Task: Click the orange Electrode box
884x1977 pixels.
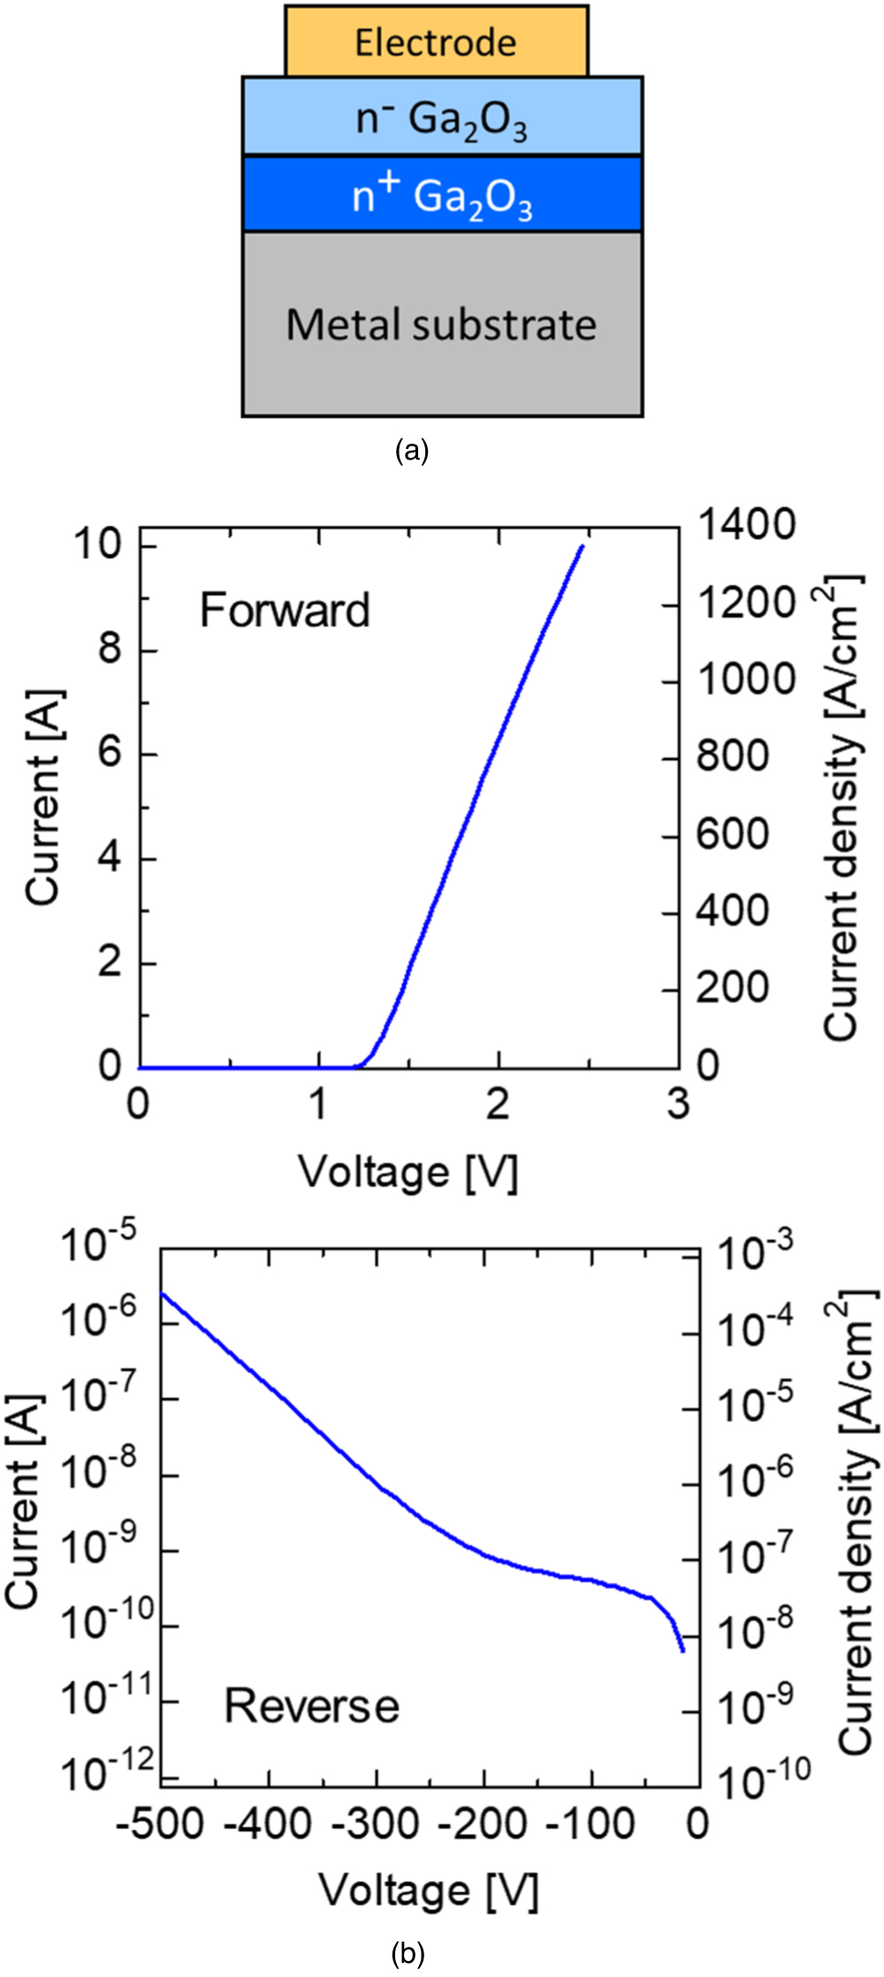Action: coord(436,42)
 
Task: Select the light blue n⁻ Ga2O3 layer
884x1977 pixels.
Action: coord(442,118)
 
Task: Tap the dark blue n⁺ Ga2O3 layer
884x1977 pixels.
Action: coord(442,195)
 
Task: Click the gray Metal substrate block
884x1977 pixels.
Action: coord(442,324)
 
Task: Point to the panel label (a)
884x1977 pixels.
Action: coord(412,452)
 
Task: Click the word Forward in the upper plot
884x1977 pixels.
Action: coord(285,611)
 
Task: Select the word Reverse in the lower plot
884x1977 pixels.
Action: coord(312,1705)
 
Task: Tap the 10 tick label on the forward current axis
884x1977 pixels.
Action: coord(97,544)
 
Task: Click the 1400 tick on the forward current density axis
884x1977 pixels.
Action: coord(747,525)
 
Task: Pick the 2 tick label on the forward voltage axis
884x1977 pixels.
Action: coord(498,1105)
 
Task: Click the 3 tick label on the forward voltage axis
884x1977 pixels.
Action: coord(677,1105)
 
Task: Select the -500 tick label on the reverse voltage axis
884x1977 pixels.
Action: coord(161,1823)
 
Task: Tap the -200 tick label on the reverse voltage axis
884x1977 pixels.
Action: coord(484,1823)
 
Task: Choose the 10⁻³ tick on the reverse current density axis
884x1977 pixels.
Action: coord(757,1252)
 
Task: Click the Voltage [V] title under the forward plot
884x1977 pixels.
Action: coord(408,1173)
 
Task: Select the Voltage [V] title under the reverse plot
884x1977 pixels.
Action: coord(428,1891)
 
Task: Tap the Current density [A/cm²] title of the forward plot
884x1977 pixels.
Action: coord(842,809)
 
